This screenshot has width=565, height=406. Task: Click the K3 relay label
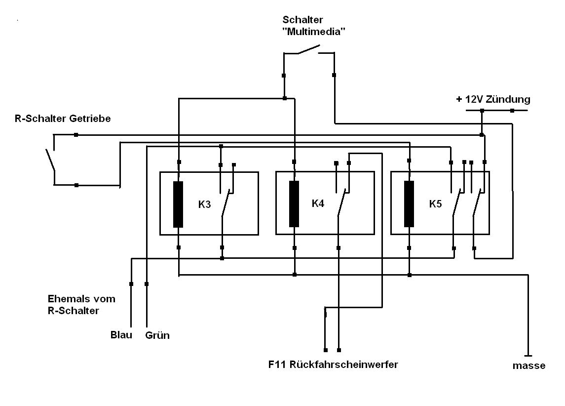point(204,204)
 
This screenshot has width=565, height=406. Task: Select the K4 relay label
point(318,203)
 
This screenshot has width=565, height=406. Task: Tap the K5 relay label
point(435,203)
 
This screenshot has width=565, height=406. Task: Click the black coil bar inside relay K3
point(178,204)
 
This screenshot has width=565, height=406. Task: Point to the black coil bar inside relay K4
point(294,203)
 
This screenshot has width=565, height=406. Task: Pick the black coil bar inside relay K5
point(409,203)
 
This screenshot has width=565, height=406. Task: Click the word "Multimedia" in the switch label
point(313,32)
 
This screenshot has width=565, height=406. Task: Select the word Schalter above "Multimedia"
point(302,19)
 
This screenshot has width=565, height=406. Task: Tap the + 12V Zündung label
point(493,99)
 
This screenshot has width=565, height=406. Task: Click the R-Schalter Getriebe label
point(63,119)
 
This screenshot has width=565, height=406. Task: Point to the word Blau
point(121,335)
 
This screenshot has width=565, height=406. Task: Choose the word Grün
point(157,335)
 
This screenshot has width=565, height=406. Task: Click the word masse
point(528,366)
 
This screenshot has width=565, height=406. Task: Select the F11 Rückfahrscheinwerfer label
point(333,365)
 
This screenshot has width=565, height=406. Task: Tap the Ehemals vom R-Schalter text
point(81,305)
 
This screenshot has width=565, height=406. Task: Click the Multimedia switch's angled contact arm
point(309,49)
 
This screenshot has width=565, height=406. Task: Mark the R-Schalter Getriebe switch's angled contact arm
point(50,159)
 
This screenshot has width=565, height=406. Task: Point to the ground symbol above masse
point(528,355)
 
